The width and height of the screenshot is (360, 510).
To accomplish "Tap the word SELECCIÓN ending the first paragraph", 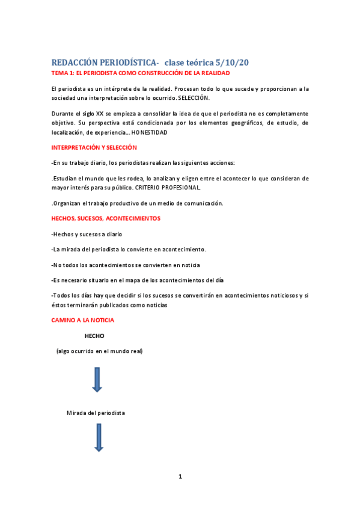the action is coord(194,97).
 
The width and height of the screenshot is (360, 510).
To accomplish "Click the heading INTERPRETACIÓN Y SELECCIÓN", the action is coord(94,147).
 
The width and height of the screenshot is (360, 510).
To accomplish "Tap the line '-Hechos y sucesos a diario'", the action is coord(87,234).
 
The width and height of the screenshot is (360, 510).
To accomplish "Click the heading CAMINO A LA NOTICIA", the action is coord(83,320).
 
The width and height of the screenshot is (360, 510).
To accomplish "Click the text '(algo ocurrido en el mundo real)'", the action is coord(100,351).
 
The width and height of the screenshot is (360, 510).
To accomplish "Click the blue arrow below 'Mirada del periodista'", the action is coord(99,437).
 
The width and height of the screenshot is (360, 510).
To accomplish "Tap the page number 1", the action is coord(180,476).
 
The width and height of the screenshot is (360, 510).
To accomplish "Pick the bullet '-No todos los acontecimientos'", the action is coord(126,265).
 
